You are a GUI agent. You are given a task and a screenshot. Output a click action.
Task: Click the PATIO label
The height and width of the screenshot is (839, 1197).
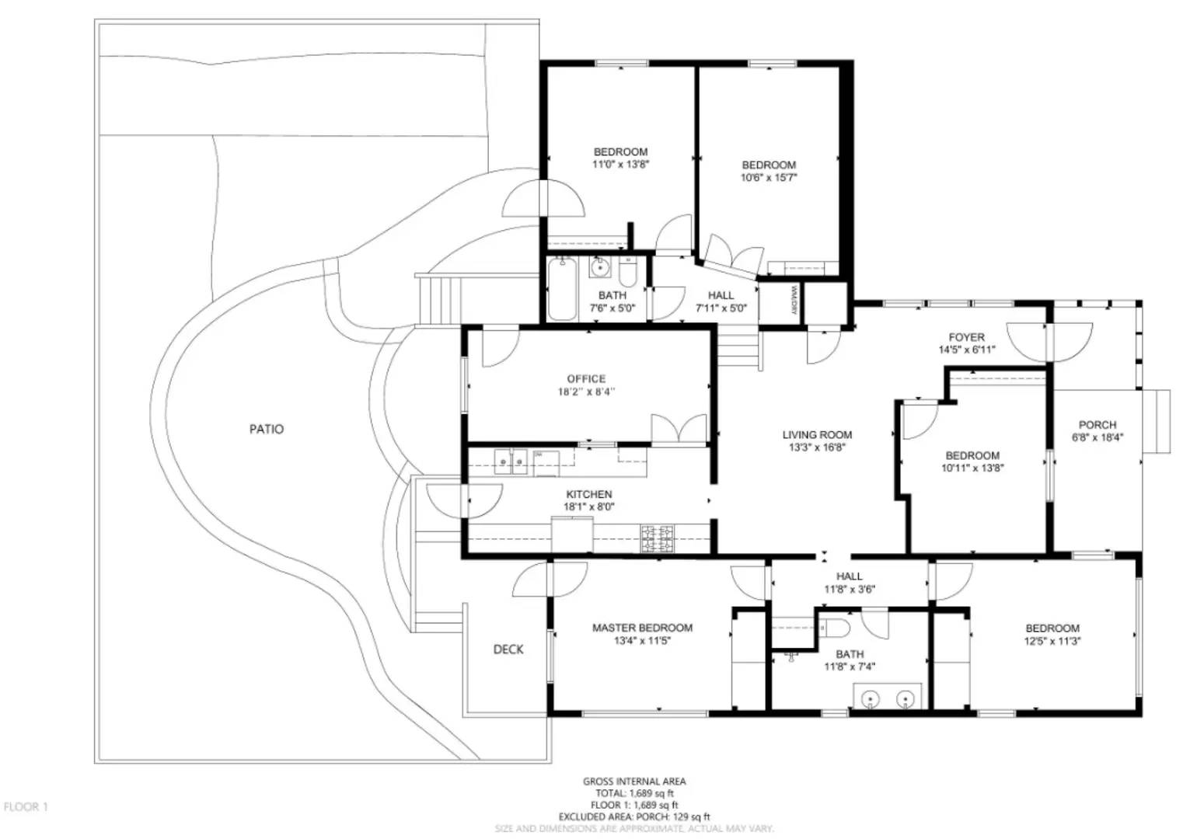tap(266, 429)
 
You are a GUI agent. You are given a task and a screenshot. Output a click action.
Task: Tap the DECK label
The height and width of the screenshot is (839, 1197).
tap(508, 649)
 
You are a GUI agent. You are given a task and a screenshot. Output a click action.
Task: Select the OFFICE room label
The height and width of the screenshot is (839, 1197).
tap(586, 379)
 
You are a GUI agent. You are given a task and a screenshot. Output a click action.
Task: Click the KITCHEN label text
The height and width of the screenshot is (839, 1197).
tap(588, 494)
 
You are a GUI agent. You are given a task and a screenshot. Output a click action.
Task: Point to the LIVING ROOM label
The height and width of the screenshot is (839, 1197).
tap(817, 435)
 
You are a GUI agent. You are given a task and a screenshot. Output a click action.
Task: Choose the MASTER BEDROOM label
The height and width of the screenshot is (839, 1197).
tap(642, 628)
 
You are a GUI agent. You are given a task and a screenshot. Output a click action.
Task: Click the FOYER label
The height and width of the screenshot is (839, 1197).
tap(966, 337)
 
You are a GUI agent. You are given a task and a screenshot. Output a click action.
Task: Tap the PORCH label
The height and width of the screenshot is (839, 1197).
tap(1097, 425)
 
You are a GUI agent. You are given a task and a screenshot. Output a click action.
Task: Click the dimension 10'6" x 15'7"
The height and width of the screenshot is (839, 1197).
tap(769, 178)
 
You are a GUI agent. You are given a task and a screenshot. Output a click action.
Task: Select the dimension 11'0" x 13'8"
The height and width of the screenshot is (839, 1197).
tap(620, 165)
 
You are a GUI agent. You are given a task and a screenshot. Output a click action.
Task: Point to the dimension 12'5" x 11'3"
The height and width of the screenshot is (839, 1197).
tap(1052, 641)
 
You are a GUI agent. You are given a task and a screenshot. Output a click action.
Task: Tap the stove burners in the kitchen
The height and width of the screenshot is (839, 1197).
tap(657, 539)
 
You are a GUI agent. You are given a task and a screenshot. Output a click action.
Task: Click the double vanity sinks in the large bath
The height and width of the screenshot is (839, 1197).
tap(888, 698)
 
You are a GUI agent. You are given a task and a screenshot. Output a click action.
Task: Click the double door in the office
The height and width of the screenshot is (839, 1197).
tap(679, 430)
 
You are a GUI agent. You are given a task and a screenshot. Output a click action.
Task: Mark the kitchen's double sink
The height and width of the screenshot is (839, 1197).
tap(511, 463)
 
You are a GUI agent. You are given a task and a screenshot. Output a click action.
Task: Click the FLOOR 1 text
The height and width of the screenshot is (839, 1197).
tap(26, 807)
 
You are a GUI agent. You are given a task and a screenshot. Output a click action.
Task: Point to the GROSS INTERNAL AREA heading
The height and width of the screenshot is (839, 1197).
tap(634, 782)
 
